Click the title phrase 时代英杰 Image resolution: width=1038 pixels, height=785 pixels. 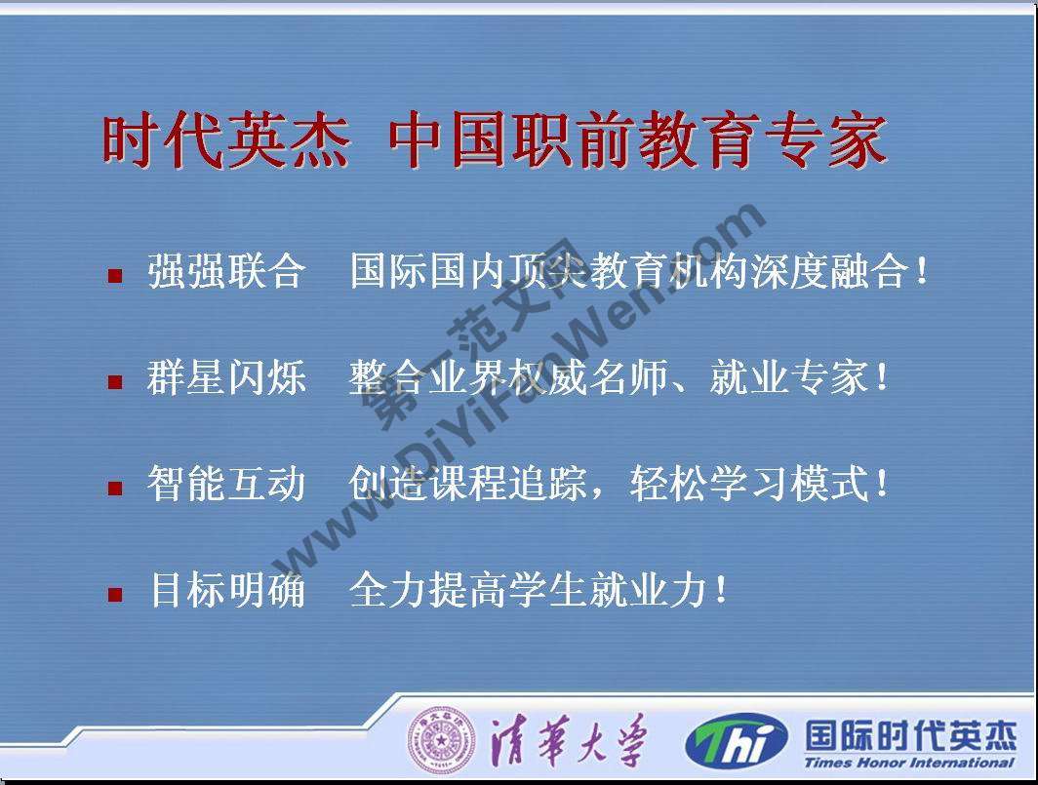(226, 142)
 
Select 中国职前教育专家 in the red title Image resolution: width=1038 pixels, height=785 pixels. (637, 142)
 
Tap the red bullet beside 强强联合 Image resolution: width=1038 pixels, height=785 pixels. (115, 276)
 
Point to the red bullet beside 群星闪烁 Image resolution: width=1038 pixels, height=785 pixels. (115, 381)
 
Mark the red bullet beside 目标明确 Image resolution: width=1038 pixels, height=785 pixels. (115, 593)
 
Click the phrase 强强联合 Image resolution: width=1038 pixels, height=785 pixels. (226, 272)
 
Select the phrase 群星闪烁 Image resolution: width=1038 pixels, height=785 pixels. (226, 378)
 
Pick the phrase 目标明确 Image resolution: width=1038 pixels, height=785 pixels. (226, 590)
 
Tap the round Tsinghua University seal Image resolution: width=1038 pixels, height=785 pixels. (441, 740)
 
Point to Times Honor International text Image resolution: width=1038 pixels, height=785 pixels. (909, 764)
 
